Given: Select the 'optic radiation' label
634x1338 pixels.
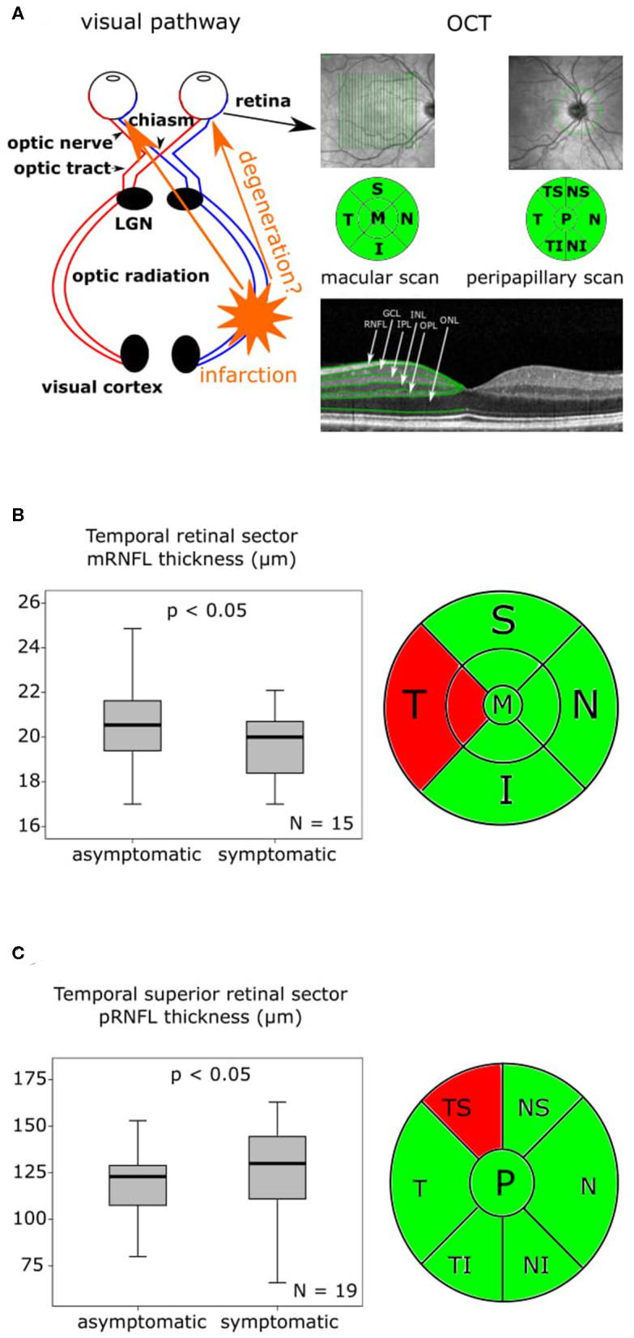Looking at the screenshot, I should (141, 275).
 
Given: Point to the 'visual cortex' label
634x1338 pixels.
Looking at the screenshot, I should (102, 386).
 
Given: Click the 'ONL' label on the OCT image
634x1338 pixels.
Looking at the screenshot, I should (449, 321).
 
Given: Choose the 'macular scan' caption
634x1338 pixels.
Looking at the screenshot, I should (380, 278).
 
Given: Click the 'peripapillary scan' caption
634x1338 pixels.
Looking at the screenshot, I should (544, 278).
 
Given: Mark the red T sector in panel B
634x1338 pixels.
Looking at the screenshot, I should (417, 704).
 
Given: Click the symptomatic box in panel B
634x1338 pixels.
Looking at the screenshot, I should (275, 745).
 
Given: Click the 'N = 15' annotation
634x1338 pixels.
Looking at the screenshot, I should (321, 823).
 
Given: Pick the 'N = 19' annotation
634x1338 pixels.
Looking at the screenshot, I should (324, 1290).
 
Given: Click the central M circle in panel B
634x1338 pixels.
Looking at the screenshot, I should (503, 705).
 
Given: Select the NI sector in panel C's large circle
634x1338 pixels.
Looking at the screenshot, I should (535, 1264).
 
